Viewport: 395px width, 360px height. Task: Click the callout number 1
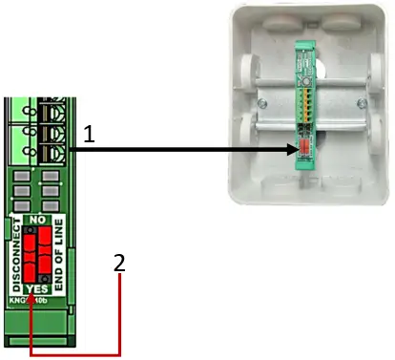tap(88, 136)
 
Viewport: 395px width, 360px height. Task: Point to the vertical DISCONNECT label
tap(14, 255)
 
